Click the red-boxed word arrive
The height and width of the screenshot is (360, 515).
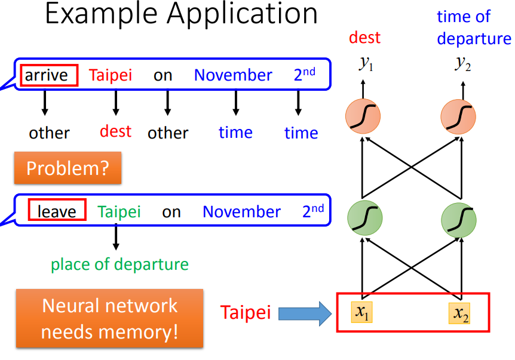coord(50,75)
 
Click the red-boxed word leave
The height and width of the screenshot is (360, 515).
coord(57,211)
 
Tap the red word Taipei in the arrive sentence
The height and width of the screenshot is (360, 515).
coord(111,75)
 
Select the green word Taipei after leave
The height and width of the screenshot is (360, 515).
coord(119,211)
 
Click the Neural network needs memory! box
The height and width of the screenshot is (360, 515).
coord(110,319)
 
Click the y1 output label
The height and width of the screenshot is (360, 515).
coord(366,64)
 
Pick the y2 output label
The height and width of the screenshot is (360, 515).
coord(461,64)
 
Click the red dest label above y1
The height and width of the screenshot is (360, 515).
coord(364,38)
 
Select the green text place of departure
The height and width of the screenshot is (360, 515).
coord(119,264)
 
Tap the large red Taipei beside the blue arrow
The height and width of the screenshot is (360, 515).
coord(245,313)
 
